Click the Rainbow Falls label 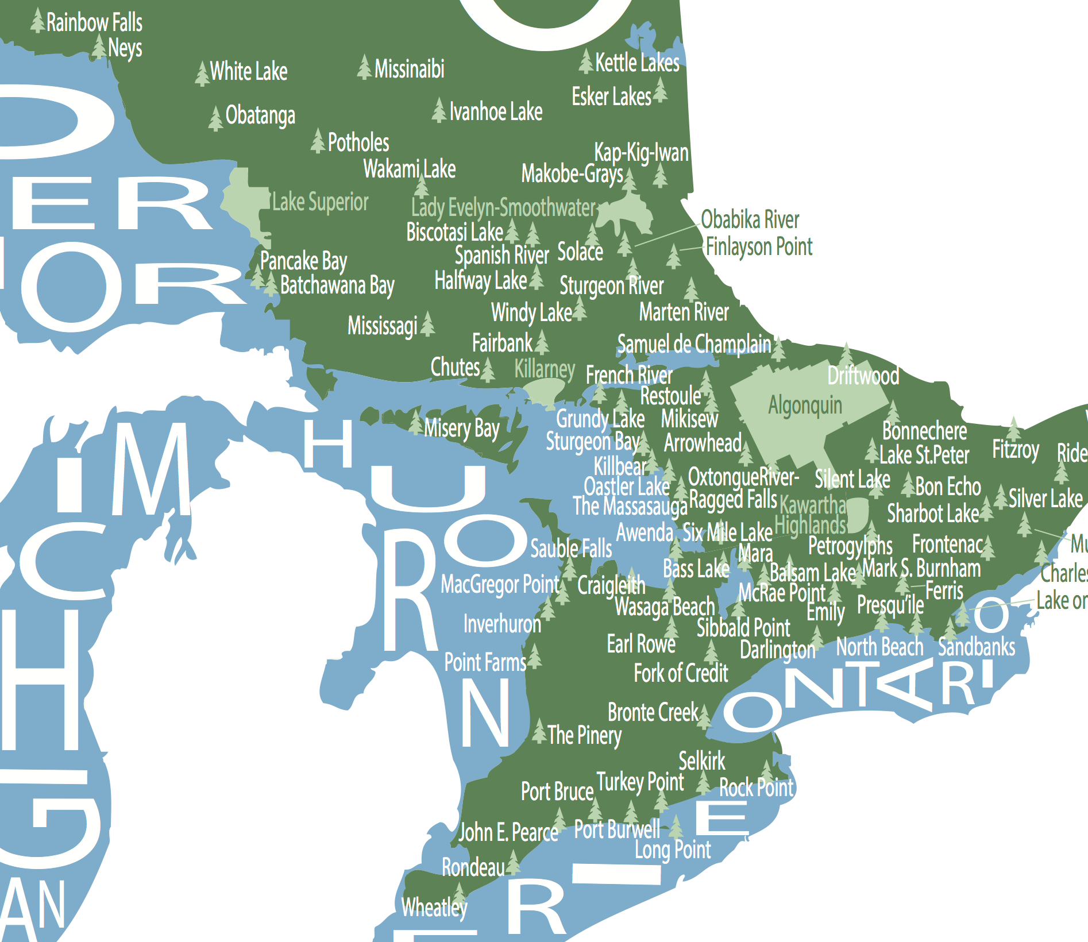pyautogui.click(x=94, y=23)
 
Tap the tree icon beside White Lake pyautogui.click(x=202, y=74)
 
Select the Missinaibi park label pyautogui.click(x=409, y=70)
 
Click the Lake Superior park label pyautogui.click(x=320, y=202)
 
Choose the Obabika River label pyautogui.click(x=750, y=220)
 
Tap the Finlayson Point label pyautogui.click(x=759, y=247)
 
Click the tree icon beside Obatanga pyautogui.click(x=215, y=118)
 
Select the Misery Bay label pyautogui.click(x=461, y=428)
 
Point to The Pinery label pyautogui.click(x=584, y=735)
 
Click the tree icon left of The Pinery pyautogui.click(x=539, y=731)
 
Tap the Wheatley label pyautogui.click(x=434, y=908)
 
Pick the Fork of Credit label pyautogui.click(x=681, y=673)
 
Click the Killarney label pyautogui.click(x=544, y=369)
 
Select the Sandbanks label pyautogui.click(x=977, y=647)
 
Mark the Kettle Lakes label pyautogui.click(x=637, y=63)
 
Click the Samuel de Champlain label pyautogui.click(x=693, y=344)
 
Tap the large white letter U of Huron pyautogui.click(x=428, y=488)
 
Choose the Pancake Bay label pyautogui.click(x=303, y=261)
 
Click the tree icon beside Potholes pyautogui.click(x=318, y=141)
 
